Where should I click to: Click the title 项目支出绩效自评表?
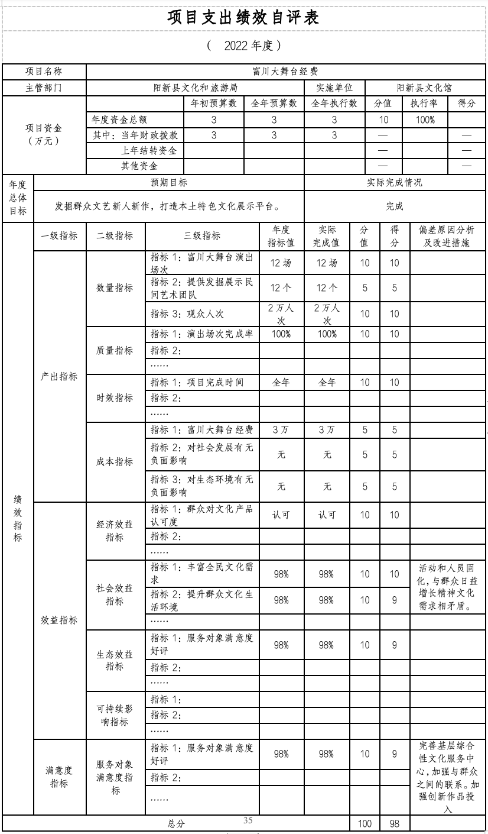(x=243, y=18)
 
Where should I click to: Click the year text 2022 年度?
(x=244, y=46)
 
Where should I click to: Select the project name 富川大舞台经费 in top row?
(x=285, y=72)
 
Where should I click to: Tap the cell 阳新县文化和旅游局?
(x=195, y=88)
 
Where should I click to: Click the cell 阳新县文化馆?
(x=424, y=88)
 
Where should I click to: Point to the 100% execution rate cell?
(x=424, y=119)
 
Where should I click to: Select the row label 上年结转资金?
(x=149, y=151)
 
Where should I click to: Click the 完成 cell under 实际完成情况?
(x=394, y=207)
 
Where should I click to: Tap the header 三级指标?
(x=202, y=236)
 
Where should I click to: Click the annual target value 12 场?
(x=281, y=263)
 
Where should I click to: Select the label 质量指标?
(x=115, y=350)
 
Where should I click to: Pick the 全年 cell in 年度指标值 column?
(x=281, y=383)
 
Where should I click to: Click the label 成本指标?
(x=115, y=461)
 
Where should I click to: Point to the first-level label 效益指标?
(x=59, y=620)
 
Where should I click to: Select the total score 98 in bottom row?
(x=394, y=824)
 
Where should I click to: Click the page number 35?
(x=248, y=820)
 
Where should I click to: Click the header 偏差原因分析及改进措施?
(x=446, y=236)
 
